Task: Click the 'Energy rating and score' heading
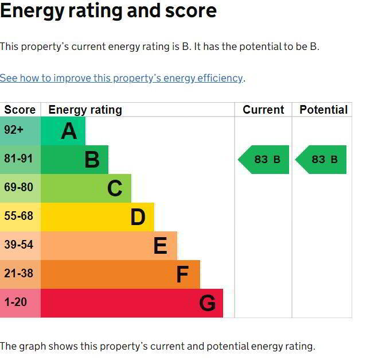(x=108, y=10)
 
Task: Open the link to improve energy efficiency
(x=122, y=78)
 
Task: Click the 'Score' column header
(x=20, y=110)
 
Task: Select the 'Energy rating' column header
(x=85, y=110)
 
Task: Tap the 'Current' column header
(x=263, y=110)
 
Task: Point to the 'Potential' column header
(x=324, y=110)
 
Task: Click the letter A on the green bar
(x=69, y=131)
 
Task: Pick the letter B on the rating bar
(x=92, y=160)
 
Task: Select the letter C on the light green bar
(x=115, y=188)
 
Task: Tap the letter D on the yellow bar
(x=138, y=217)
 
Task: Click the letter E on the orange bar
(x=160, y=246)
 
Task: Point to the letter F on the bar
(x=182, y=274)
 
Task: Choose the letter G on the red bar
(x=207, y=303)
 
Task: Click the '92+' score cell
(x=14, y=130)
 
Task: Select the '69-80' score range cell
(x=18, y=188)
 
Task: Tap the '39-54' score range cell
(x=18, y=245)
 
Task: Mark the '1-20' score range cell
(x=15, y=302)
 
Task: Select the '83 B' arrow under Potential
(x=322, y=160)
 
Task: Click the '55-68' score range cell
(x=18, y=216)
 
